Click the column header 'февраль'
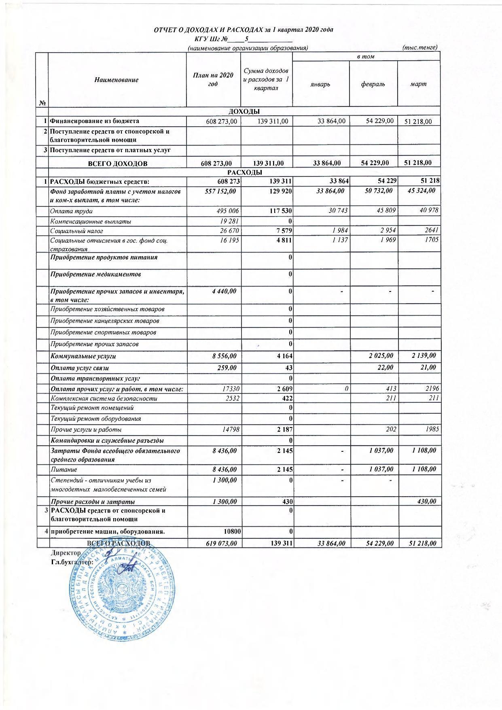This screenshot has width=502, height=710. (x=373, y=84)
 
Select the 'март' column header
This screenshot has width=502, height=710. (x=418, y=84)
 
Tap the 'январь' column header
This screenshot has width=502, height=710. (x=320, y=84)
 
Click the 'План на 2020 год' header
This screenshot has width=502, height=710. (x=213, y=79)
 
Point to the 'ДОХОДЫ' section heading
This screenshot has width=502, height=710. (x=244, y=111)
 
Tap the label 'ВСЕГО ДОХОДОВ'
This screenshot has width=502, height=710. (x=118, y=164)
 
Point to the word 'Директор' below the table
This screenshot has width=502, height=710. (x=66, y=553)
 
